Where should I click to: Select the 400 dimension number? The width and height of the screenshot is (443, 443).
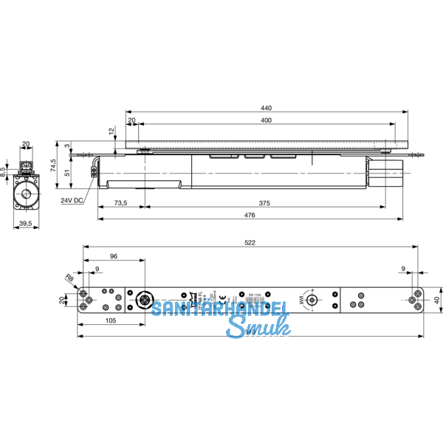pyautogui.click(x=266, y=120)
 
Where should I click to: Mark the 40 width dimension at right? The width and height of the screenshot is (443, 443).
pyautogui.click(x=436, y=301)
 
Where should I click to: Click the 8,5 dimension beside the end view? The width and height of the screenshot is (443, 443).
pyautogui.click(x=3, y=171)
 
